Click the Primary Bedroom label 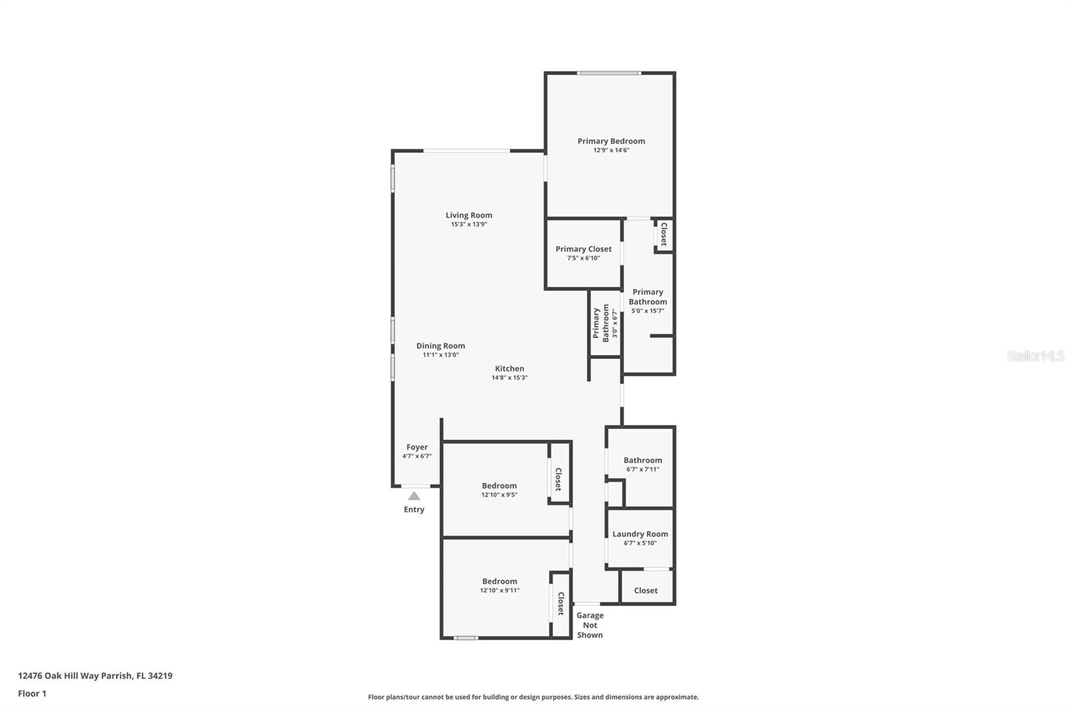pyautogui.click(x=611, y=141)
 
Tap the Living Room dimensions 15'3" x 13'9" pyautogui.click(x=469, y=225)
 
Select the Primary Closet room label pyautogui.click(x=584, y=249)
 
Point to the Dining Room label pyautogui.click(x=441, y=345)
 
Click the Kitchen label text pyautogui.click(x=509, y=368)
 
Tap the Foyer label pyautogui.click(x=417, y=447)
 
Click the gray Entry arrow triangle pyautogui.click(x=414, y=496)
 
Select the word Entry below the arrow pyautogui.click(x=414, y=510)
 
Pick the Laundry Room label pyautogui.click(x=640, y=534)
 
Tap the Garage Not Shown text pyautogui.click(x=590, y=625)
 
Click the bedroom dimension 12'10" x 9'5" pyautogui.click(x=499, y=495)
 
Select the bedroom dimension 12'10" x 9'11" pyautogui.click(x=499, y=590)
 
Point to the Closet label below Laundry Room pyautogui.click(x=646, y=590)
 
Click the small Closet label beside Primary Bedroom pyautogui.click(x=664, y=234)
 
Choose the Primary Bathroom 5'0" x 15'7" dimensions pyautogui.click(x=648, y=311)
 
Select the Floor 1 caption pyautogui.click(x=32, y=694)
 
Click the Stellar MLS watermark pyautogui.click(x=1036, y=356)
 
